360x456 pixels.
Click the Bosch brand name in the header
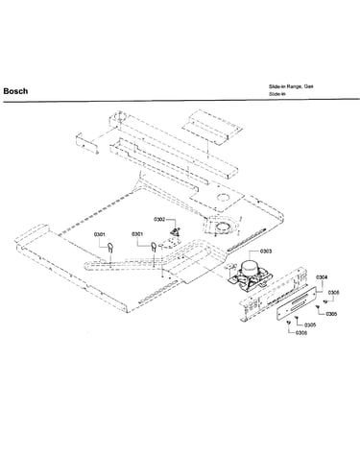(x=15, y=91)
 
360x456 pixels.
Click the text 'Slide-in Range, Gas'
(x=291, y=86)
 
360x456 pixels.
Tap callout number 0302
(x=159, y=219)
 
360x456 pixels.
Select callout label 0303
(x=266, y=252)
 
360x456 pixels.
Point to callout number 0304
(x=322, y=277)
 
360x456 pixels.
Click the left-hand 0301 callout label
(x=100, y=234)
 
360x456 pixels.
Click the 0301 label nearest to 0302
(x=137, y=234)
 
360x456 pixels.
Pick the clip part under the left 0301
(x=110, y=248)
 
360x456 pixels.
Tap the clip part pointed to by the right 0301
(x=154, y=248)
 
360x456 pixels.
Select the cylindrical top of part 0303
(x=250, y=267)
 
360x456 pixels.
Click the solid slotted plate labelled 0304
(x=297, y=303)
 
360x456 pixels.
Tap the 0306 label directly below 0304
(x=333, y=293)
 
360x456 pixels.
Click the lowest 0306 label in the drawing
(x=301, y=333)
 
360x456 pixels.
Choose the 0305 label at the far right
(x=331, y=314)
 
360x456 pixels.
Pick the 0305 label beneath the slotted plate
(x=310, y=325)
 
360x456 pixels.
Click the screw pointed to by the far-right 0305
(x=318, y=307)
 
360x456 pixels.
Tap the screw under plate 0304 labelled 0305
(x=297, y=318)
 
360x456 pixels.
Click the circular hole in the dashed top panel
(x=223, y=197)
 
